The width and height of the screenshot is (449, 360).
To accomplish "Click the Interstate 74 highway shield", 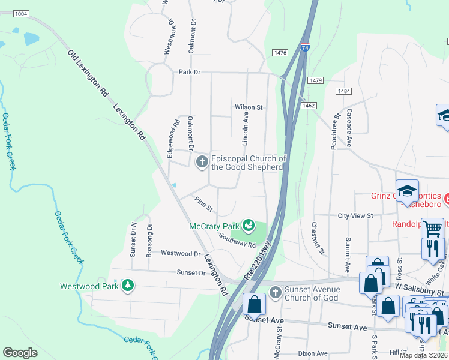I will point(306,47).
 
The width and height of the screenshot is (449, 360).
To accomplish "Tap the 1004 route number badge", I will point(20,13).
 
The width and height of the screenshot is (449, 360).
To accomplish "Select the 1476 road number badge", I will point(280,53).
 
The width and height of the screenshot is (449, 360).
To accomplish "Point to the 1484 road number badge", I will point(344,91).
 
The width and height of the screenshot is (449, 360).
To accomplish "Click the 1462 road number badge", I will point(309,106).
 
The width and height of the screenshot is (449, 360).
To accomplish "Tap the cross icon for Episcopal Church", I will point(202,161).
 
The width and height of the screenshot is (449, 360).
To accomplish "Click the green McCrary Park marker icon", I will point(249,226).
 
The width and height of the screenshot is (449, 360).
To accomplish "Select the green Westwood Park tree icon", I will point(127,286).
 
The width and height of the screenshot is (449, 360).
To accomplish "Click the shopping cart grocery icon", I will point(433,228).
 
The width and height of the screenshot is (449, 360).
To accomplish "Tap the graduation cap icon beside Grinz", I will point(407,191).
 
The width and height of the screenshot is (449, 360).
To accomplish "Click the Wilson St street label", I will point(249,107).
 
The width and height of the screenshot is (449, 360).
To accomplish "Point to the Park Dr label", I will point(189,72).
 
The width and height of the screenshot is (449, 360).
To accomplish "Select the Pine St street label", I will point(203,204).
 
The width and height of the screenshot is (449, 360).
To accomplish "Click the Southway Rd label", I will point(237,240).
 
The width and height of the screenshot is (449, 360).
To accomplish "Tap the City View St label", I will point(355,215).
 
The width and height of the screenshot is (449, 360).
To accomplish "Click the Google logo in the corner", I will point(20,352).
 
